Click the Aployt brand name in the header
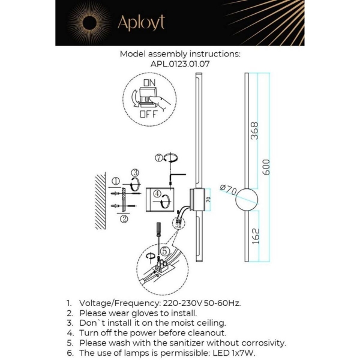click(x=141, y=23)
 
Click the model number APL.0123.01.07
click(x=180, y=63)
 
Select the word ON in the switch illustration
click(x=149, y=82)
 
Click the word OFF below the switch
click(x=149, y=113)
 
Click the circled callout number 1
click(x=115, y=181)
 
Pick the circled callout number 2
click(x=124, y=219)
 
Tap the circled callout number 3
click(x=136, y=172)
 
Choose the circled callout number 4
click(x=156, y=194)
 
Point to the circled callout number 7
click(x=158, y=158)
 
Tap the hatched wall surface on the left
click(x=101, y=200)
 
